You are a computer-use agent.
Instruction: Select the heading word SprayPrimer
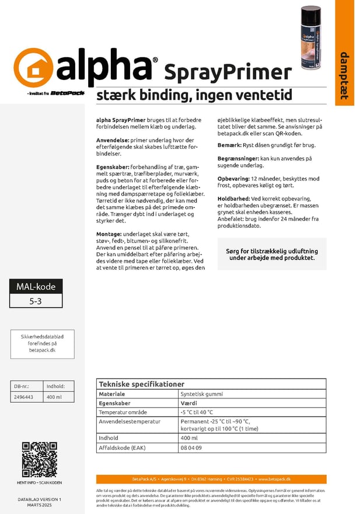pyautogui.click(x=228, y=72)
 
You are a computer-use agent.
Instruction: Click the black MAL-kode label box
pyautogui.click(x=36, y=287)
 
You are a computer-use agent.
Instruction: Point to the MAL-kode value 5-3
pyautogui.click(x=36, y=301)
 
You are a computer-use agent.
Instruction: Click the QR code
pyautogui.click(x=39, y=459)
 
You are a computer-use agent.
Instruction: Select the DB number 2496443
pyautogui.click(x=23, y=397)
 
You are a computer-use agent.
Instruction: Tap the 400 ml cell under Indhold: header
pyautogui.click(x=54, y=397)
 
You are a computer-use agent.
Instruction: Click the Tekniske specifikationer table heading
pyautogui.click(x=142, y=384)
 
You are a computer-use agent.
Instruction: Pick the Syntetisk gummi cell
pyautogui.click(x=200, y=394)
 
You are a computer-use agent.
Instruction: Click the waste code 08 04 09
pyautogui.click(x=191, y=448)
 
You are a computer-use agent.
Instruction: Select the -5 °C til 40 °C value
pyautogui.click(x=197, y=412)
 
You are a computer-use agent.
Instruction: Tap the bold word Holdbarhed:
pyautogui.click(x=234, y=199)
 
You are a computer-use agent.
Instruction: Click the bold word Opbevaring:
pyautogui.click(x=233, y=178)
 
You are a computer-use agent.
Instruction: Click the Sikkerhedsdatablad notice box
pyautogui.click(x=43, y=343)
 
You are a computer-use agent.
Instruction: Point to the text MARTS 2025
pyautogui.click(x=39, y=505)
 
